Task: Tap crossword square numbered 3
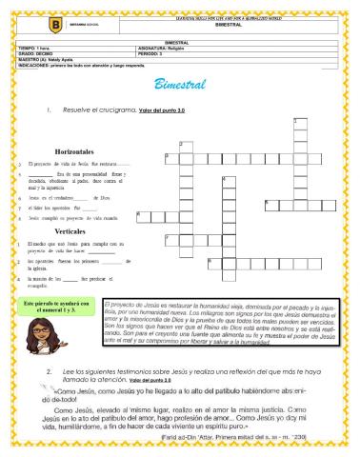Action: (x=169, y=158)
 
